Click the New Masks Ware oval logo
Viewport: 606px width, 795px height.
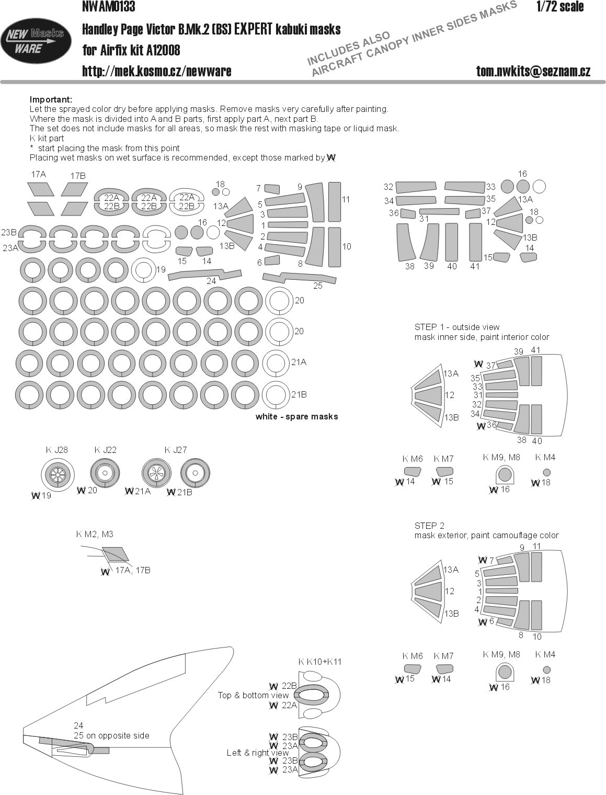[36, 42]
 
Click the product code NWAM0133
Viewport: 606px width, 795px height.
[109, 7]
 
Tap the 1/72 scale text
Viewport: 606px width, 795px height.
[559, 7]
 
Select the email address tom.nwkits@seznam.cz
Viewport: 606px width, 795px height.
[533, 71]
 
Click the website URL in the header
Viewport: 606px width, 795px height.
[156, 71]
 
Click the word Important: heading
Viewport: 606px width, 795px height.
[51, 99]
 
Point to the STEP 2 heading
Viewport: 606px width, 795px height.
[429, 526]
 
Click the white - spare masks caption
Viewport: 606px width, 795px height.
[296, 416]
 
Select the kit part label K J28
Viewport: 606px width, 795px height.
[56, 450]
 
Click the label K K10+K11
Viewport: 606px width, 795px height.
[319, 661]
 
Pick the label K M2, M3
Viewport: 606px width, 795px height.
[95, 534]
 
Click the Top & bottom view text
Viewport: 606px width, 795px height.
[253, 695]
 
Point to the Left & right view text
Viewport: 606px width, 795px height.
[257, 753]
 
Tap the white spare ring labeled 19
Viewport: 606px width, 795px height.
[142, 270]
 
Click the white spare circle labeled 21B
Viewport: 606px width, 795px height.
[276, 395]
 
